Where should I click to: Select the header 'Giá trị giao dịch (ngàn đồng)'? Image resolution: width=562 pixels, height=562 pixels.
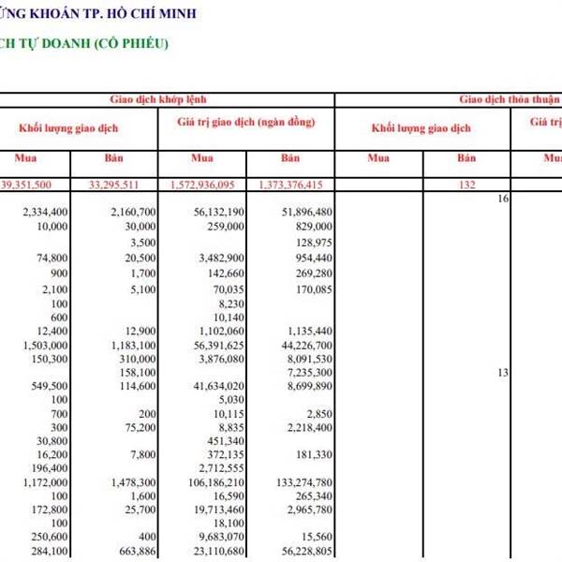245,123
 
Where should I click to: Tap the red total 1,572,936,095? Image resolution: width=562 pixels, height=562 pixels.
203,185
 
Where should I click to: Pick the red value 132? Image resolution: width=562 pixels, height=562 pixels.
467,185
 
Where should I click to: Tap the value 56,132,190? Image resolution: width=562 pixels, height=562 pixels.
214,213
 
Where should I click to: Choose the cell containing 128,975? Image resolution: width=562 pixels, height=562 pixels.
308,243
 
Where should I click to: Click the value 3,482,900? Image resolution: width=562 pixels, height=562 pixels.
218,258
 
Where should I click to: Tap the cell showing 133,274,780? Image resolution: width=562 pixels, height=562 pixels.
297,482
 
